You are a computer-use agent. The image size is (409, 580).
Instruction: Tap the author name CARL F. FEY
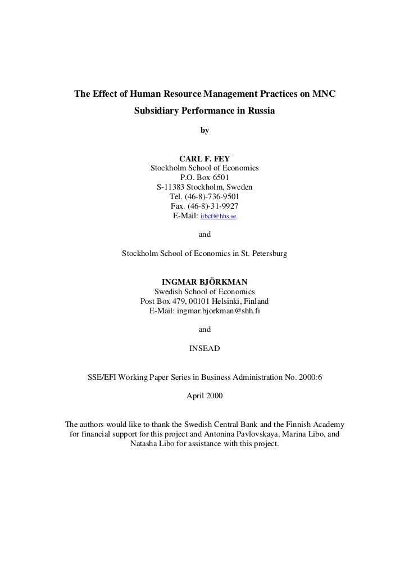(x=204, y=159)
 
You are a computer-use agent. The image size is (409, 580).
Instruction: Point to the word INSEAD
(x=204, y=349)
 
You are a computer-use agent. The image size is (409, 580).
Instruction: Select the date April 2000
(x=204, y=396)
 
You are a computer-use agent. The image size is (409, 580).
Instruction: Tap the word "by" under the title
(x=204, y=131)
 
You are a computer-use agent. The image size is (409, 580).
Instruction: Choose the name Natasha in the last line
(x=145, y=444)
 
